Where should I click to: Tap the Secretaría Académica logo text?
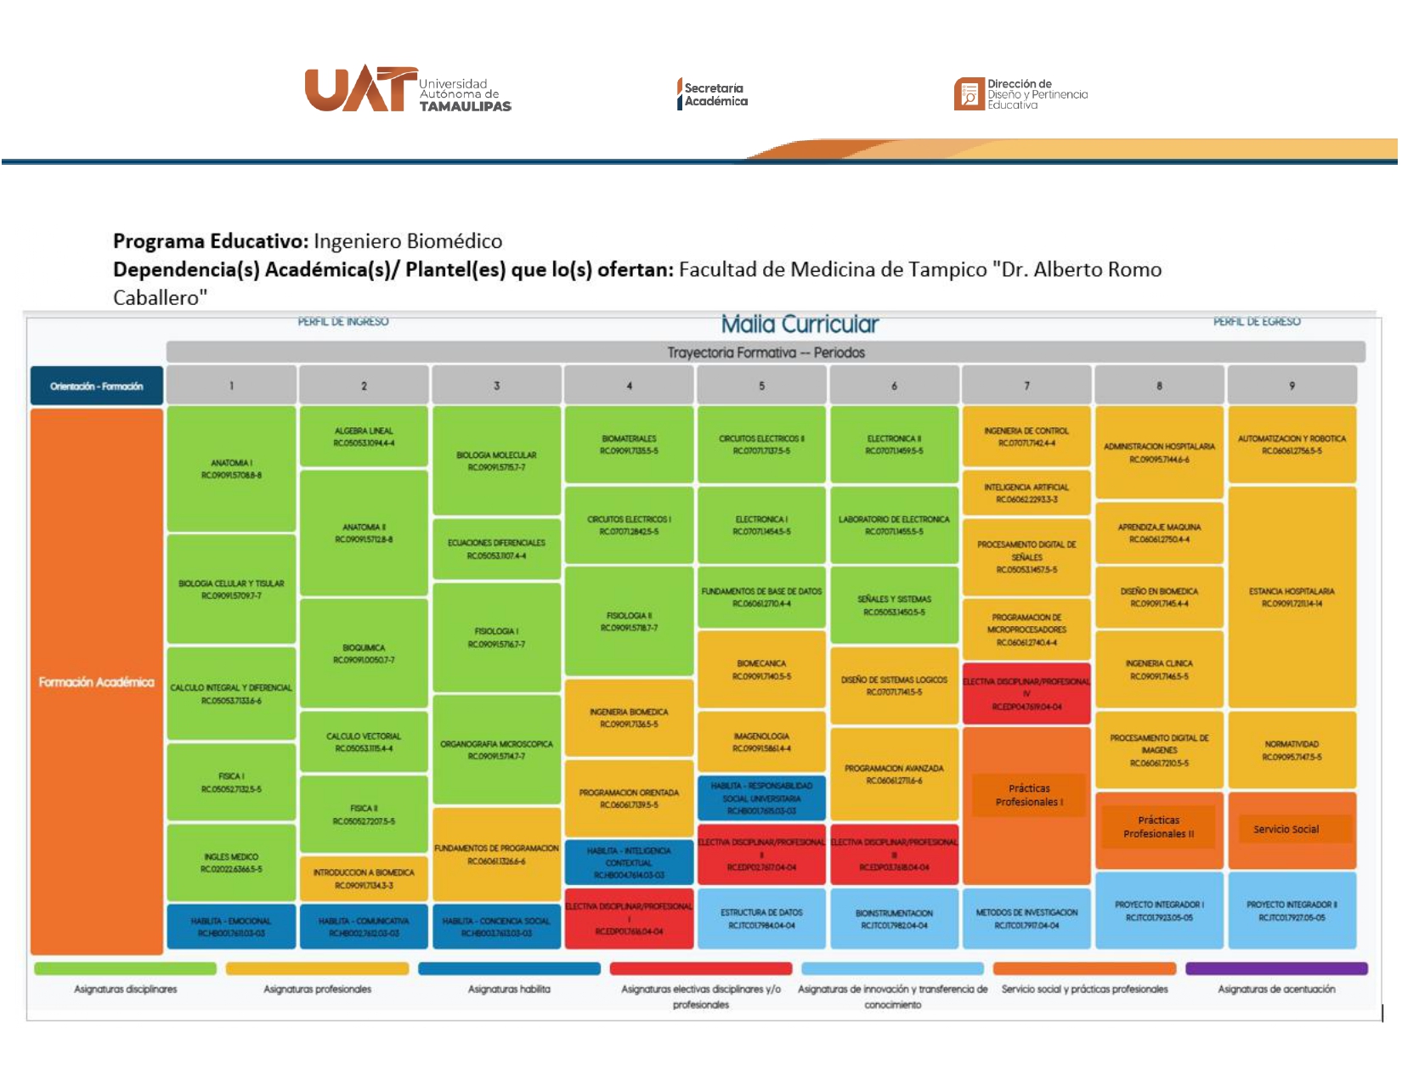coord(714,94)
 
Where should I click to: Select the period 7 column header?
coord(1026,386)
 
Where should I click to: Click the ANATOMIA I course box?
coord(231,469)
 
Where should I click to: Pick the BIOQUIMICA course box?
coord(364,653)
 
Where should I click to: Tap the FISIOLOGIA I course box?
coord(496,638)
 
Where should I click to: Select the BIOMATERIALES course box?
coord(629,444)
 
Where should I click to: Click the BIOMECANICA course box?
coord(761,669)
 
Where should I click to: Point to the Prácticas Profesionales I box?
coord(1029,795)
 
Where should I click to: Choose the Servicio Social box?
coord(1286,829)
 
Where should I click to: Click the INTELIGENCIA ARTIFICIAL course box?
coord(1026,494)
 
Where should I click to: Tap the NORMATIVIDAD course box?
coord(1292,750)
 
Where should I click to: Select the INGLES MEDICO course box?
coord(231,862)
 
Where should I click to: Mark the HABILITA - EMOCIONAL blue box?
coord(231,927)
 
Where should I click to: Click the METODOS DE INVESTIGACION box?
coord(1026,918)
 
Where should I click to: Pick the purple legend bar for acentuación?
coord(1276,968)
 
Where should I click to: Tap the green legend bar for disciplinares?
coord(125,968)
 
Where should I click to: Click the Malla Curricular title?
coord(800,324)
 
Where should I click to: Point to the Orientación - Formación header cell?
coord(96,386)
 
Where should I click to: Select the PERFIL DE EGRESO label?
coord(1257,322)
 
